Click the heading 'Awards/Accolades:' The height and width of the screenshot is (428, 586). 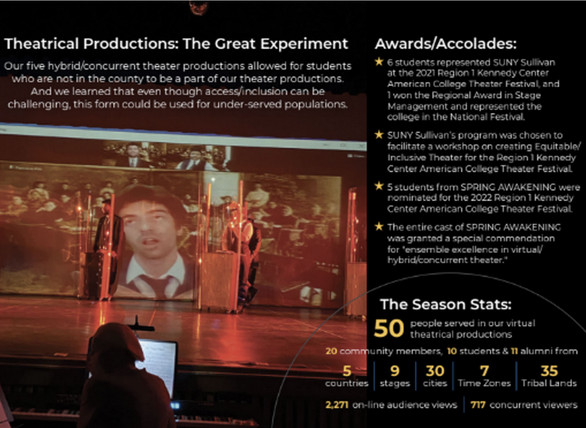point(446,44)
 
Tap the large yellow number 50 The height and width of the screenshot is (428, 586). point(389,328)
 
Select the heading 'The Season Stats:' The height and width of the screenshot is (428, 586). point(446,304)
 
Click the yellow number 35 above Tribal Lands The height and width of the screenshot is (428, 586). point(549,371)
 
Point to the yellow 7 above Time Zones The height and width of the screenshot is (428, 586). point(484,371)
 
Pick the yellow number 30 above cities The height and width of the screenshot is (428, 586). point(435,371)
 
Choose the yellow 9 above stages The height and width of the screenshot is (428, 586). point(395,371)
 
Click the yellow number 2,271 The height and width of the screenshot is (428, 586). point(337,405)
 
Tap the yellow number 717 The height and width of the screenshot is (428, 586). point(478,405)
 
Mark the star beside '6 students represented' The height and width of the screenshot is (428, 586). point(379,62)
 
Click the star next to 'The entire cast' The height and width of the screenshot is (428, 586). point(379,227)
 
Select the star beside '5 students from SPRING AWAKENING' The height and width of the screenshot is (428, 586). point(379,186)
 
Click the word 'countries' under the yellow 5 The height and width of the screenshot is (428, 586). point(347,383)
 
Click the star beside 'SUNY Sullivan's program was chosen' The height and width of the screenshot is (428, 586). point(379,135)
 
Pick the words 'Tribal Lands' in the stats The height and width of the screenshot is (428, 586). point(549,383)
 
